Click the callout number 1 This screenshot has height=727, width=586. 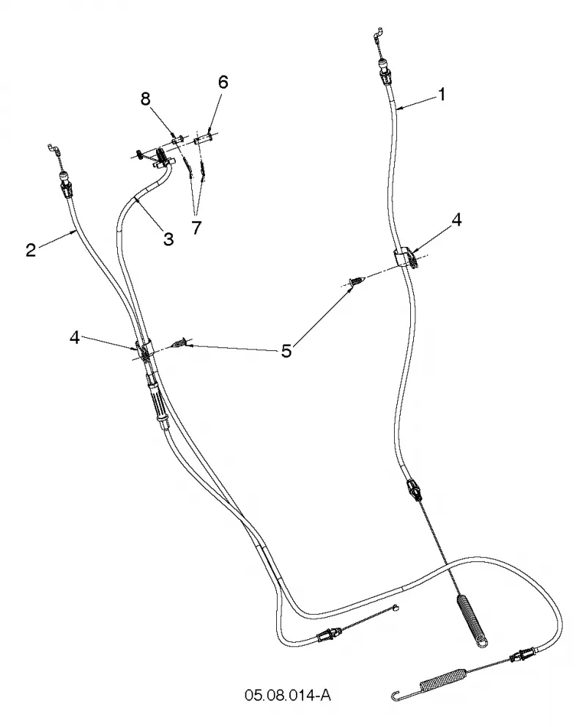coord(442,94)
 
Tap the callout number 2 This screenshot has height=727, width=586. coord(31,251)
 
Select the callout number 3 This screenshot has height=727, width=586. coord(168,239)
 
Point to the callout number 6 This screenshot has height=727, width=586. coord(223,82)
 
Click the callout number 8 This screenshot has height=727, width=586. coord(146,98)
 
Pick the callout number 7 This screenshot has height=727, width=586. coord(197,228)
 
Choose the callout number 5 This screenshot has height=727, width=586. coord(286,350)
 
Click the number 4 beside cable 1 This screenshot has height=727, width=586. coord(456,221)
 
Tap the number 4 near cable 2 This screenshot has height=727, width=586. coord(75,338)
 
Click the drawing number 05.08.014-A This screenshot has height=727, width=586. coord(288,695)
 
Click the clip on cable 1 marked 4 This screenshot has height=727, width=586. coord(407,257)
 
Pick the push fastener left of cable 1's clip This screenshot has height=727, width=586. coord(357,281)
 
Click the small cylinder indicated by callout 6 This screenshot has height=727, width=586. coord(203,138)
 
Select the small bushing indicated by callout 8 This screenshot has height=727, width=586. coord(178,139)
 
